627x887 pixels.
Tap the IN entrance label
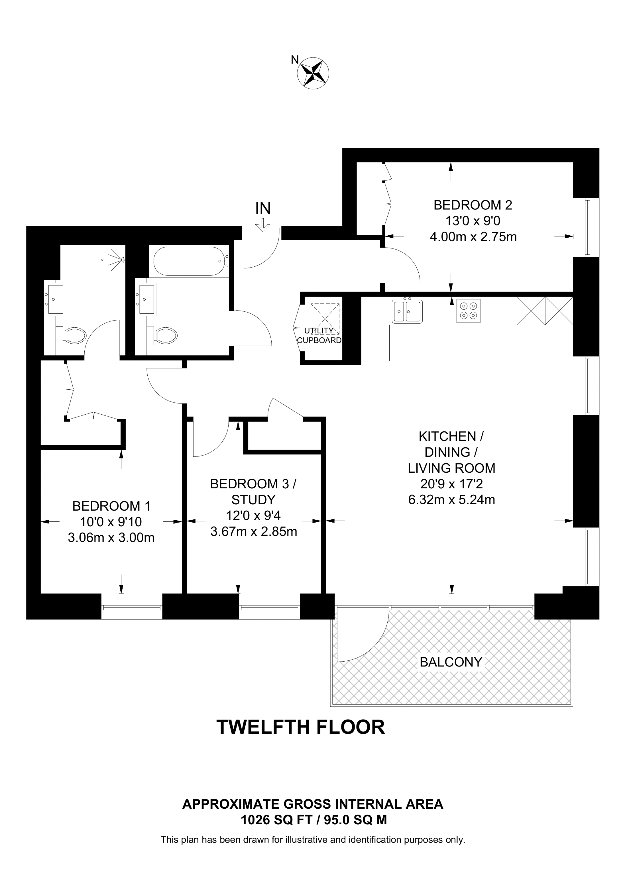click(x=263, y=209)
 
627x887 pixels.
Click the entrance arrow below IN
click(x=263, y=225)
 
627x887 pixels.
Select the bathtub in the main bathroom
click(x=188, y=261)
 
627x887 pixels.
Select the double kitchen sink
click(x=407, y=311)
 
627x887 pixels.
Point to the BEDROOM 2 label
click(x=473, y=205)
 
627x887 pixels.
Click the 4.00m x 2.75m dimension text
click(x=473, y=236)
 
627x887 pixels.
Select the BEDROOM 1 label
click(x=111, y=506)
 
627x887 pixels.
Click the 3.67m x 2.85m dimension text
click(x=253, y=532)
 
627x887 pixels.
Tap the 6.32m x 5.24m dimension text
click(x=451, y=500)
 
